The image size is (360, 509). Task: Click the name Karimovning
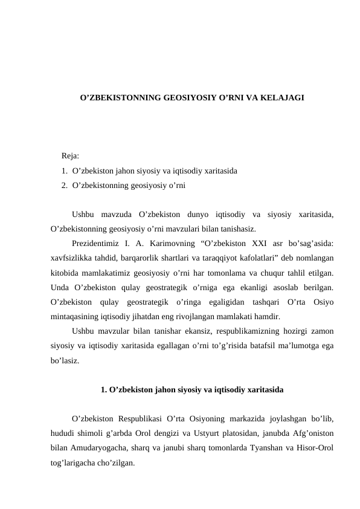pyautogui.click(x=168, y=243)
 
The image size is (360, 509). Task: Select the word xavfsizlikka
pyautogui.click(x=71, y=257)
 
